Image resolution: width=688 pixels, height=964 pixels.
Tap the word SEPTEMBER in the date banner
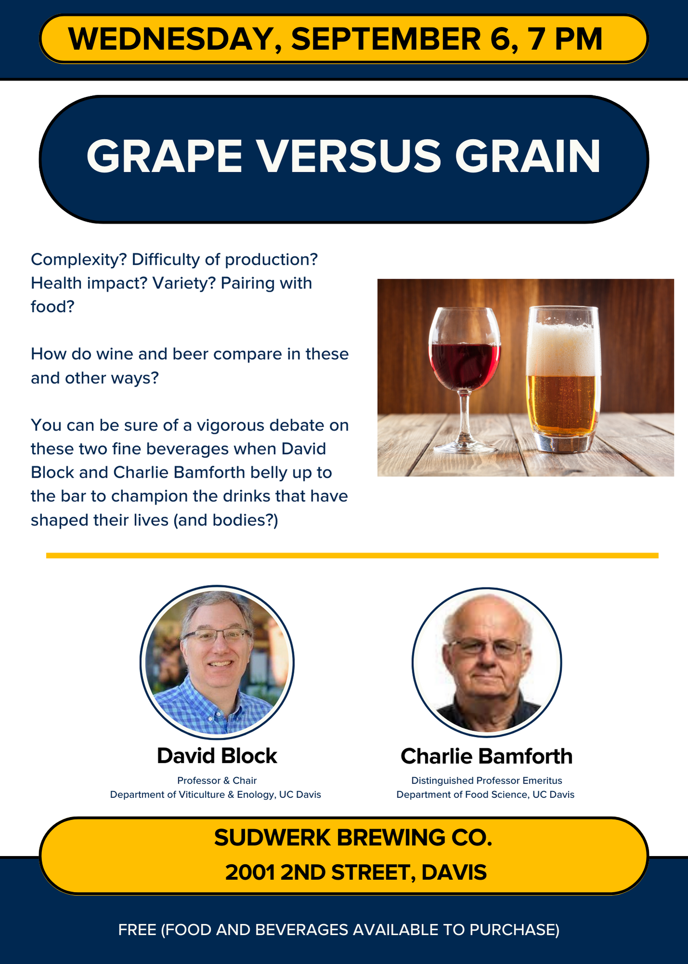pyautogui.click(x=386, y=39)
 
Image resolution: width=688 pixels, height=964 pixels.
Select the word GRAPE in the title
pyautogui.click(x=164, y=156)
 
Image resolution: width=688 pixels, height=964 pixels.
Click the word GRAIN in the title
pyautogui.click(x=528, y=156)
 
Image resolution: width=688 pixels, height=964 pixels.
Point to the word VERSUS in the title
pyautogui.click(x=348, y=156)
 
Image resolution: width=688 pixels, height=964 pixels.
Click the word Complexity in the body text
pyautogui.click(x=79, y=260)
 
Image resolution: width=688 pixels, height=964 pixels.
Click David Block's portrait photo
pyautogui.click(x=217, y=662)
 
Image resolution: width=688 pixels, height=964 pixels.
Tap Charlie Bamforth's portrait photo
pyautogui.click(x=487, y=662)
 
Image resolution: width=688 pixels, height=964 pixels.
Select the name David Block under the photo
pyautogui.click(x=217, y=756)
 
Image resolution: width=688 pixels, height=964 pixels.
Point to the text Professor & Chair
pyautogui.click(x=217, y=780)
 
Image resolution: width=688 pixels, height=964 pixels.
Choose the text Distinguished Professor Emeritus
pyautogui.click(x=487, y=780)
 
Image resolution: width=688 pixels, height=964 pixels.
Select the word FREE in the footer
pyautogui.click(x=137, y=930)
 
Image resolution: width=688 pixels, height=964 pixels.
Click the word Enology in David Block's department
pyautogui.click(x=255, y=795)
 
